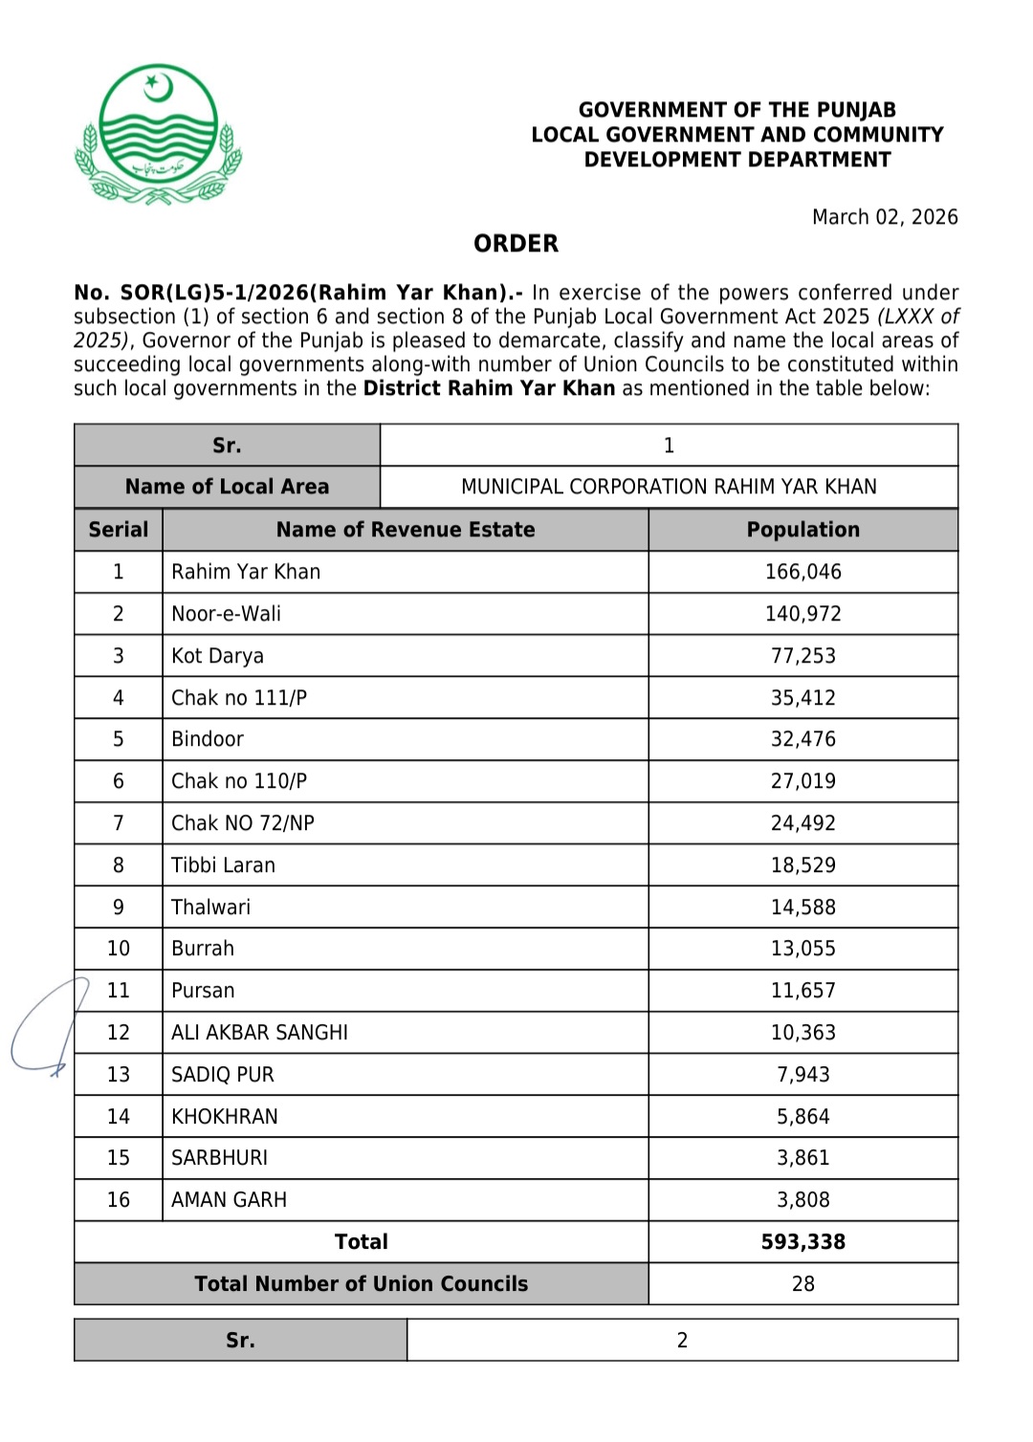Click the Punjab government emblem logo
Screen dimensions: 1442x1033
[x=158, y=135]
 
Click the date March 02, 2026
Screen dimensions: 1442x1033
[x=885, y=217]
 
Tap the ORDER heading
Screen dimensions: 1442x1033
[x=516, y=244]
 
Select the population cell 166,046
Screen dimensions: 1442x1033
[x=802, y=572]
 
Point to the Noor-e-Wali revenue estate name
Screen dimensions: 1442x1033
[x=226, y=614]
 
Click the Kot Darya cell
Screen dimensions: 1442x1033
[x=217, y=656]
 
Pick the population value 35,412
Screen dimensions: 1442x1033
[x=802, y=698]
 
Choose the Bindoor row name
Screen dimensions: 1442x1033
[x=208, y=739]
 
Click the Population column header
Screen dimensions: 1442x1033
[x=802, y=530]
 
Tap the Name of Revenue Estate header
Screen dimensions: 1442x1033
[x=406, y=530]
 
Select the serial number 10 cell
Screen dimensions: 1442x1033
[x=119, y=949]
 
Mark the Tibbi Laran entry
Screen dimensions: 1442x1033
[x=223, y=865]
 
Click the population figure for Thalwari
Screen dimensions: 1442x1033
[x=802, y=907]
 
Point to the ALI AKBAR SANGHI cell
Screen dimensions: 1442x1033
[x=259, y=1033]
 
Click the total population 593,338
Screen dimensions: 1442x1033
[x=802, y=1242]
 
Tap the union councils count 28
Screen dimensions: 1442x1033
[x=802, y=1284]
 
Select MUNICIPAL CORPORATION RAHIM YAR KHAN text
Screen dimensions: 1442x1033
[x=669, y=487]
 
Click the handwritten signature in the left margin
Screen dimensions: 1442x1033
[x=48, y=1028]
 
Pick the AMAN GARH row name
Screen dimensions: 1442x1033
[x=229, y=1200]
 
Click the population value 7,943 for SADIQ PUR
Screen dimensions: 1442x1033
[x=802, y=1075]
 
